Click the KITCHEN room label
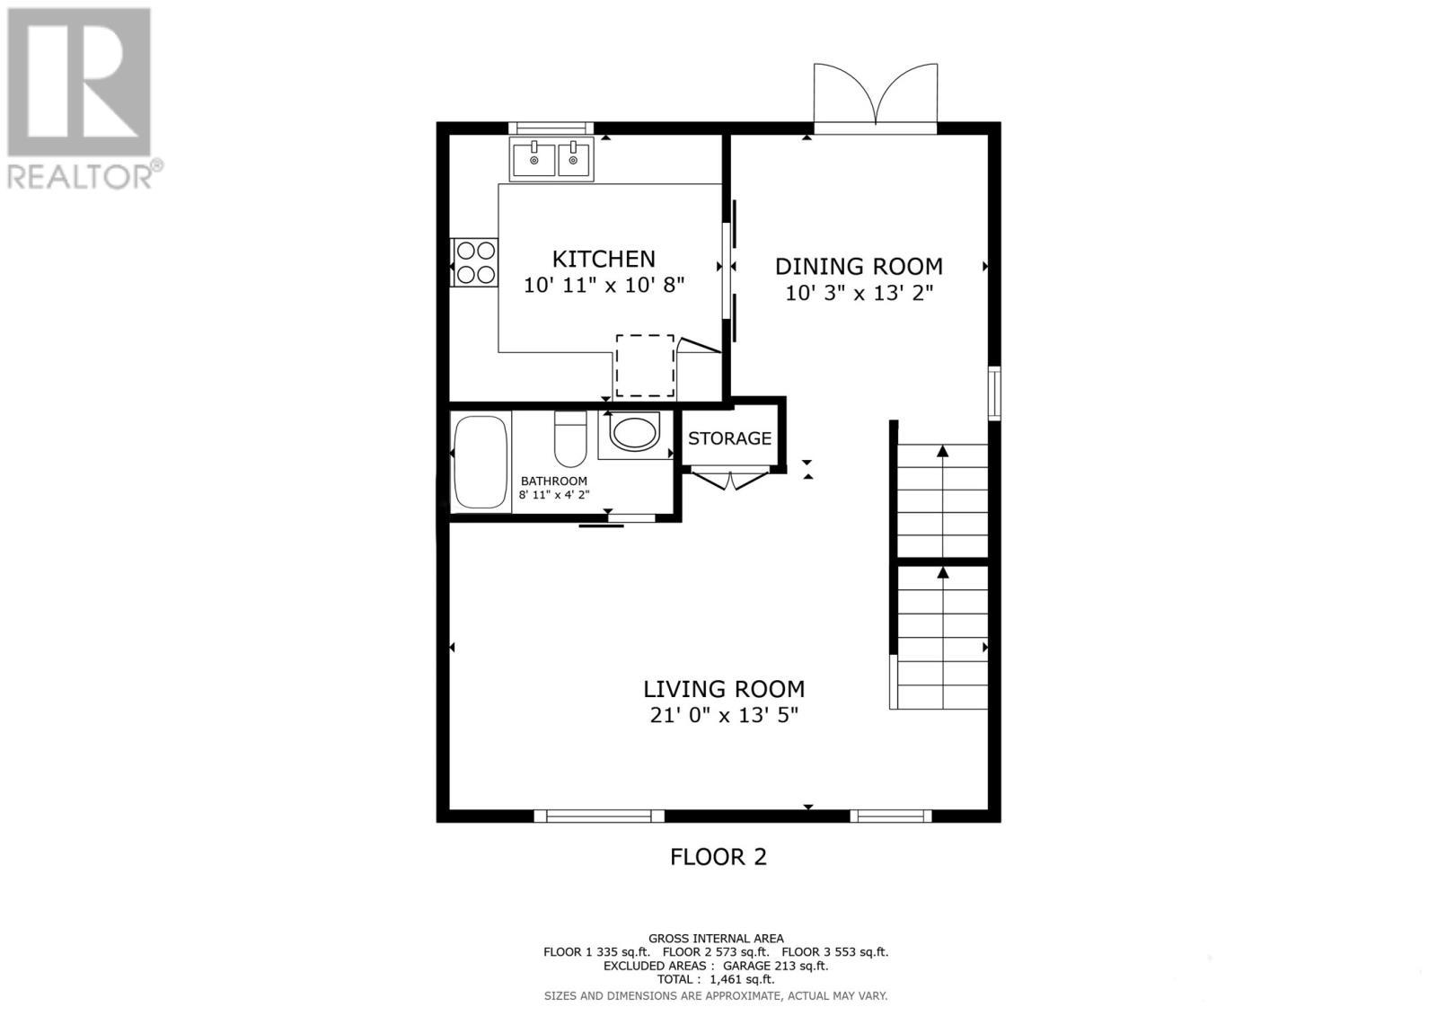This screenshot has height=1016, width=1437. click(x=603, y=259)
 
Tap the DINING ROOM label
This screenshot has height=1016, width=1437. click(x=859, y=267)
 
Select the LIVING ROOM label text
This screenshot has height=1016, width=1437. click(x=724, y=689)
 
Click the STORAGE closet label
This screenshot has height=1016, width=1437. click(x=729, y=438)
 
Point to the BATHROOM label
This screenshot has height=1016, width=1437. click(x=553, y=481)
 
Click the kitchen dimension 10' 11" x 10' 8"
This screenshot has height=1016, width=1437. click(x=604, y=286)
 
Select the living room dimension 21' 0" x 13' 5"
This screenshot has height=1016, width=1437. click(x=724, y=715)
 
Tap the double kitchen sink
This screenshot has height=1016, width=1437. click(x=551, y=160)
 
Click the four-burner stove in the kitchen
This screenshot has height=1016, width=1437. click(x=474, y=262)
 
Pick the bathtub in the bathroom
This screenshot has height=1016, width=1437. click(x=480, y=463)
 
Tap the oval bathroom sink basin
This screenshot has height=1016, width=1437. click(x=634, y=432)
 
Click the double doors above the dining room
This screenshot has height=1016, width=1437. click(x=876, y=97)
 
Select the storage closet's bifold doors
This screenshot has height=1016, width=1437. click(x=729, y=480)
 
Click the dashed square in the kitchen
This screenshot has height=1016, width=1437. click(x=645, y=366)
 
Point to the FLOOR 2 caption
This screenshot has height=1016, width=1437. click(x=718, y=857)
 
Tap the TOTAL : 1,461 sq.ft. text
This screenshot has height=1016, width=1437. click(x=715, y=980)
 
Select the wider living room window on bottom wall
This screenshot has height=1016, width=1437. click(x=599, y=816)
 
